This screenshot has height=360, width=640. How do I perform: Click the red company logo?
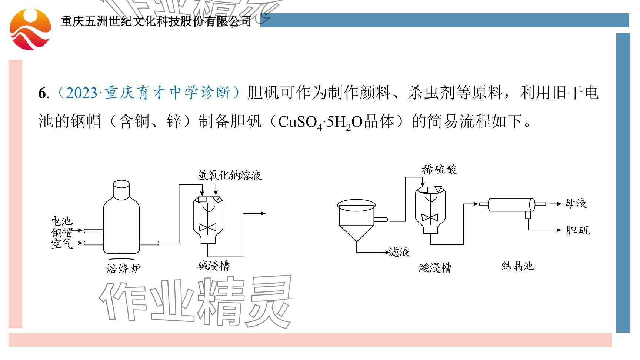30,29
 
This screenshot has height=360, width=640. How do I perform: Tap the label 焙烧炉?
123,268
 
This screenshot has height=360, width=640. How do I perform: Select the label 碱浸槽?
213,266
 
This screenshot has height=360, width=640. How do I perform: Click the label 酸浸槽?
435,267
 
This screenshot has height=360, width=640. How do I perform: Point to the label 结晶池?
518,266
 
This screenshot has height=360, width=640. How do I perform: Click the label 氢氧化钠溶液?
230,175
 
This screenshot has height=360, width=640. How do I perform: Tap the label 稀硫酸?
439,169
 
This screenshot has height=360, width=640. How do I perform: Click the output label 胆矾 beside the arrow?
577,230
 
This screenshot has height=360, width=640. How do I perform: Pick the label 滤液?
400,252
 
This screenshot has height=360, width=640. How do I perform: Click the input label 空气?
61,244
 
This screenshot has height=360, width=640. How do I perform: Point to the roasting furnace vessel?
121,222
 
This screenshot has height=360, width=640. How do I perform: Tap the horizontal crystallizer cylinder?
511,204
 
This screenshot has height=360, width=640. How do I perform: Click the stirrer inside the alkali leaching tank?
207,227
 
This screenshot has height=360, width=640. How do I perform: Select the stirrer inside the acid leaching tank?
430,217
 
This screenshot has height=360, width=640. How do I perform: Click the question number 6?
41,93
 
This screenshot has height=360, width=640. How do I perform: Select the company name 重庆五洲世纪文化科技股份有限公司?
156,21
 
